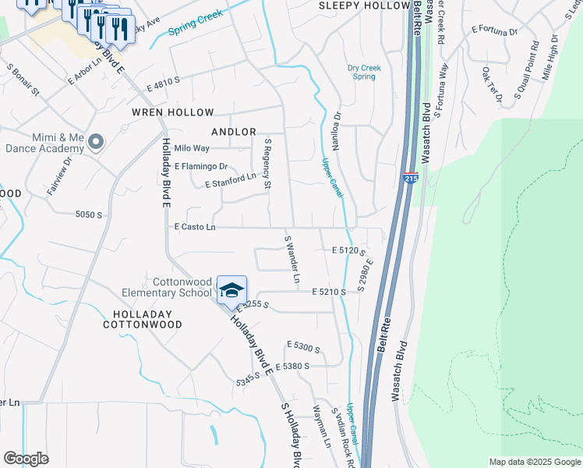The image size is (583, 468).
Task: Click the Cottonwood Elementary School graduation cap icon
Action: click(231, 291)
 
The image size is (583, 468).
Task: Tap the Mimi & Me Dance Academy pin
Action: click(96, 142)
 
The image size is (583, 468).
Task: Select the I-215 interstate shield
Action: click(411, 179)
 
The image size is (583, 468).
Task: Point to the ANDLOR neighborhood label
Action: click(234, 132)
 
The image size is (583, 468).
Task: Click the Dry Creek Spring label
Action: click(364, 73)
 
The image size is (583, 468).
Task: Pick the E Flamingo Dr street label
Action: click(201, 166)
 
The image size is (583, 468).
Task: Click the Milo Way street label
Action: click(192, 147)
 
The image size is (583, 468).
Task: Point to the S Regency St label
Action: click(267, 163)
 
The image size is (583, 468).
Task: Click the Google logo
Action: click(26, 459)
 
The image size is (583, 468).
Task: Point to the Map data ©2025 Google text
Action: click(534, 462)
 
